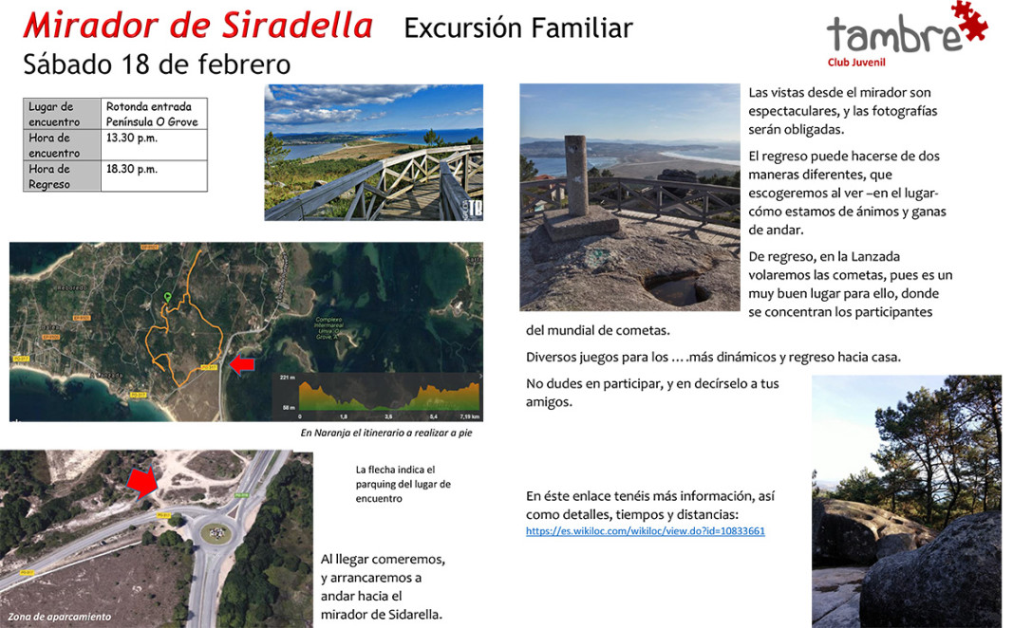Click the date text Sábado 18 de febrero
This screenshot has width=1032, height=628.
(157, 64)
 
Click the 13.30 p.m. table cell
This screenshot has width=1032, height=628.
(132, 139)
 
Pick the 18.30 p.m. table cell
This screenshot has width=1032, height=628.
(132, 169)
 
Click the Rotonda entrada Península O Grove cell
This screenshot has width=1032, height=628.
(153, 115)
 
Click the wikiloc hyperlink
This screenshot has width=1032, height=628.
(645, 531)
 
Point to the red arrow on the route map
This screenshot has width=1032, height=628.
(243, 363)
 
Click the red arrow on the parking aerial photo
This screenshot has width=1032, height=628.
(143, 482)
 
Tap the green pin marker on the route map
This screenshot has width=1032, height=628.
(168, 299)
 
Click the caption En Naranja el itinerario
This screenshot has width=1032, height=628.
(385, 433)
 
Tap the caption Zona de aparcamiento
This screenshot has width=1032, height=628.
(60, 617)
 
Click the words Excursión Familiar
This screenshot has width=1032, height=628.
(517, 28)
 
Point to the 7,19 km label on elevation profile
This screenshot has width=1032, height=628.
(469, 416)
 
